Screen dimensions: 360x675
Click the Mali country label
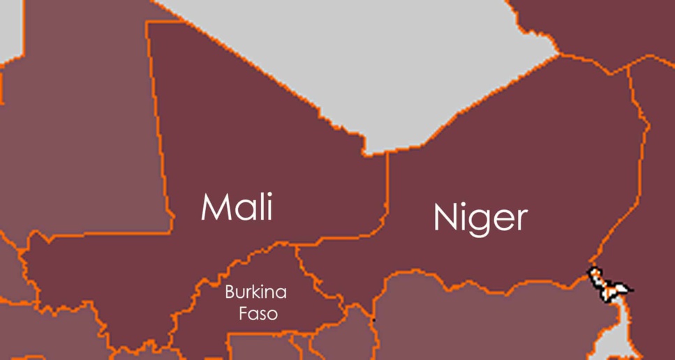pos(237,207)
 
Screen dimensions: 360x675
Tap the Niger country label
pos(480,217)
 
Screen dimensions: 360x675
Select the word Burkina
pos(255,292)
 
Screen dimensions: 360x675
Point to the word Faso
pos(258,314)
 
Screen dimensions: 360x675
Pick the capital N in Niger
pos(445,217)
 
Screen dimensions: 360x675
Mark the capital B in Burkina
pos(230,292)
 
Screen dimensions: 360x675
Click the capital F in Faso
pos(243,314)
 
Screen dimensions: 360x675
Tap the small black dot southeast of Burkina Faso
pos(373,320)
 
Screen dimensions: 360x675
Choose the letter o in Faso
pos(272,315)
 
